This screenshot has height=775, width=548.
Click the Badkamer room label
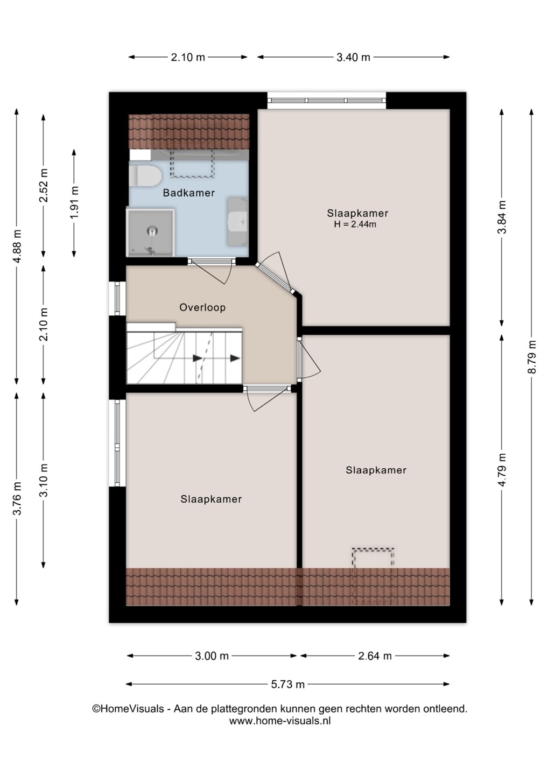188,193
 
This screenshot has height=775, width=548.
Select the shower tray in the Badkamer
150,232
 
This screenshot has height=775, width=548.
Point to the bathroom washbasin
238,221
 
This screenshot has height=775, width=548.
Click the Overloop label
202,307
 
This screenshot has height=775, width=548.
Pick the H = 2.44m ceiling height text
355,224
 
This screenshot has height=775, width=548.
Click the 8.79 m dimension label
532,357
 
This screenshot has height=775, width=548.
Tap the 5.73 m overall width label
287,684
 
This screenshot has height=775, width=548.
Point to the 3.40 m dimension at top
353,57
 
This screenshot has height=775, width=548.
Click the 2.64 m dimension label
375,656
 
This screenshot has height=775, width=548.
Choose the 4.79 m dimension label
502,469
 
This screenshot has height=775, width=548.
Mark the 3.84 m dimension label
502,217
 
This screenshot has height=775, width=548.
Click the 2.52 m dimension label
44,185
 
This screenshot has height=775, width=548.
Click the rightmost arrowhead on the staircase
235,358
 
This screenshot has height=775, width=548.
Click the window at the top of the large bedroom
327,100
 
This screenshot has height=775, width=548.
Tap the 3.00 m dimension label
212,656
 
